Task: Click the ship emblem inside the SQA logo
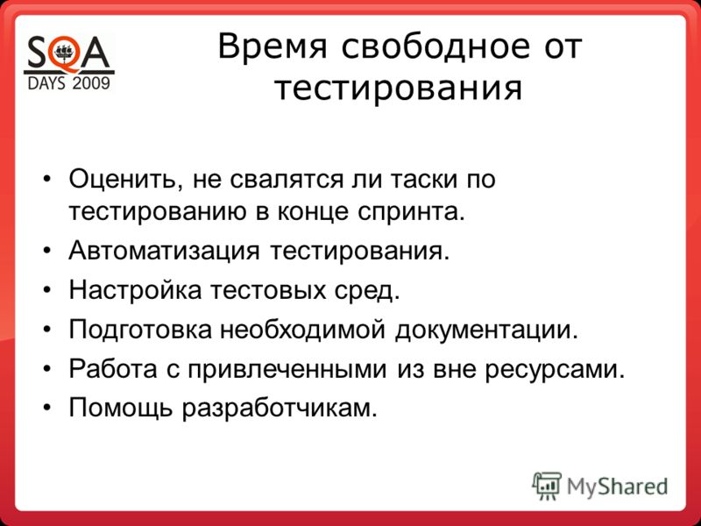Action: [x=66, y=53]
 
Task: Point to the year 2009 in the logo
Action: [x=91, y=83]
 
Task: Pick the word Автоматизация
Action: [x=164, y=252]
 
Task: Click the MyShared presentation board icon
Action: [x=546, y=486]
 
